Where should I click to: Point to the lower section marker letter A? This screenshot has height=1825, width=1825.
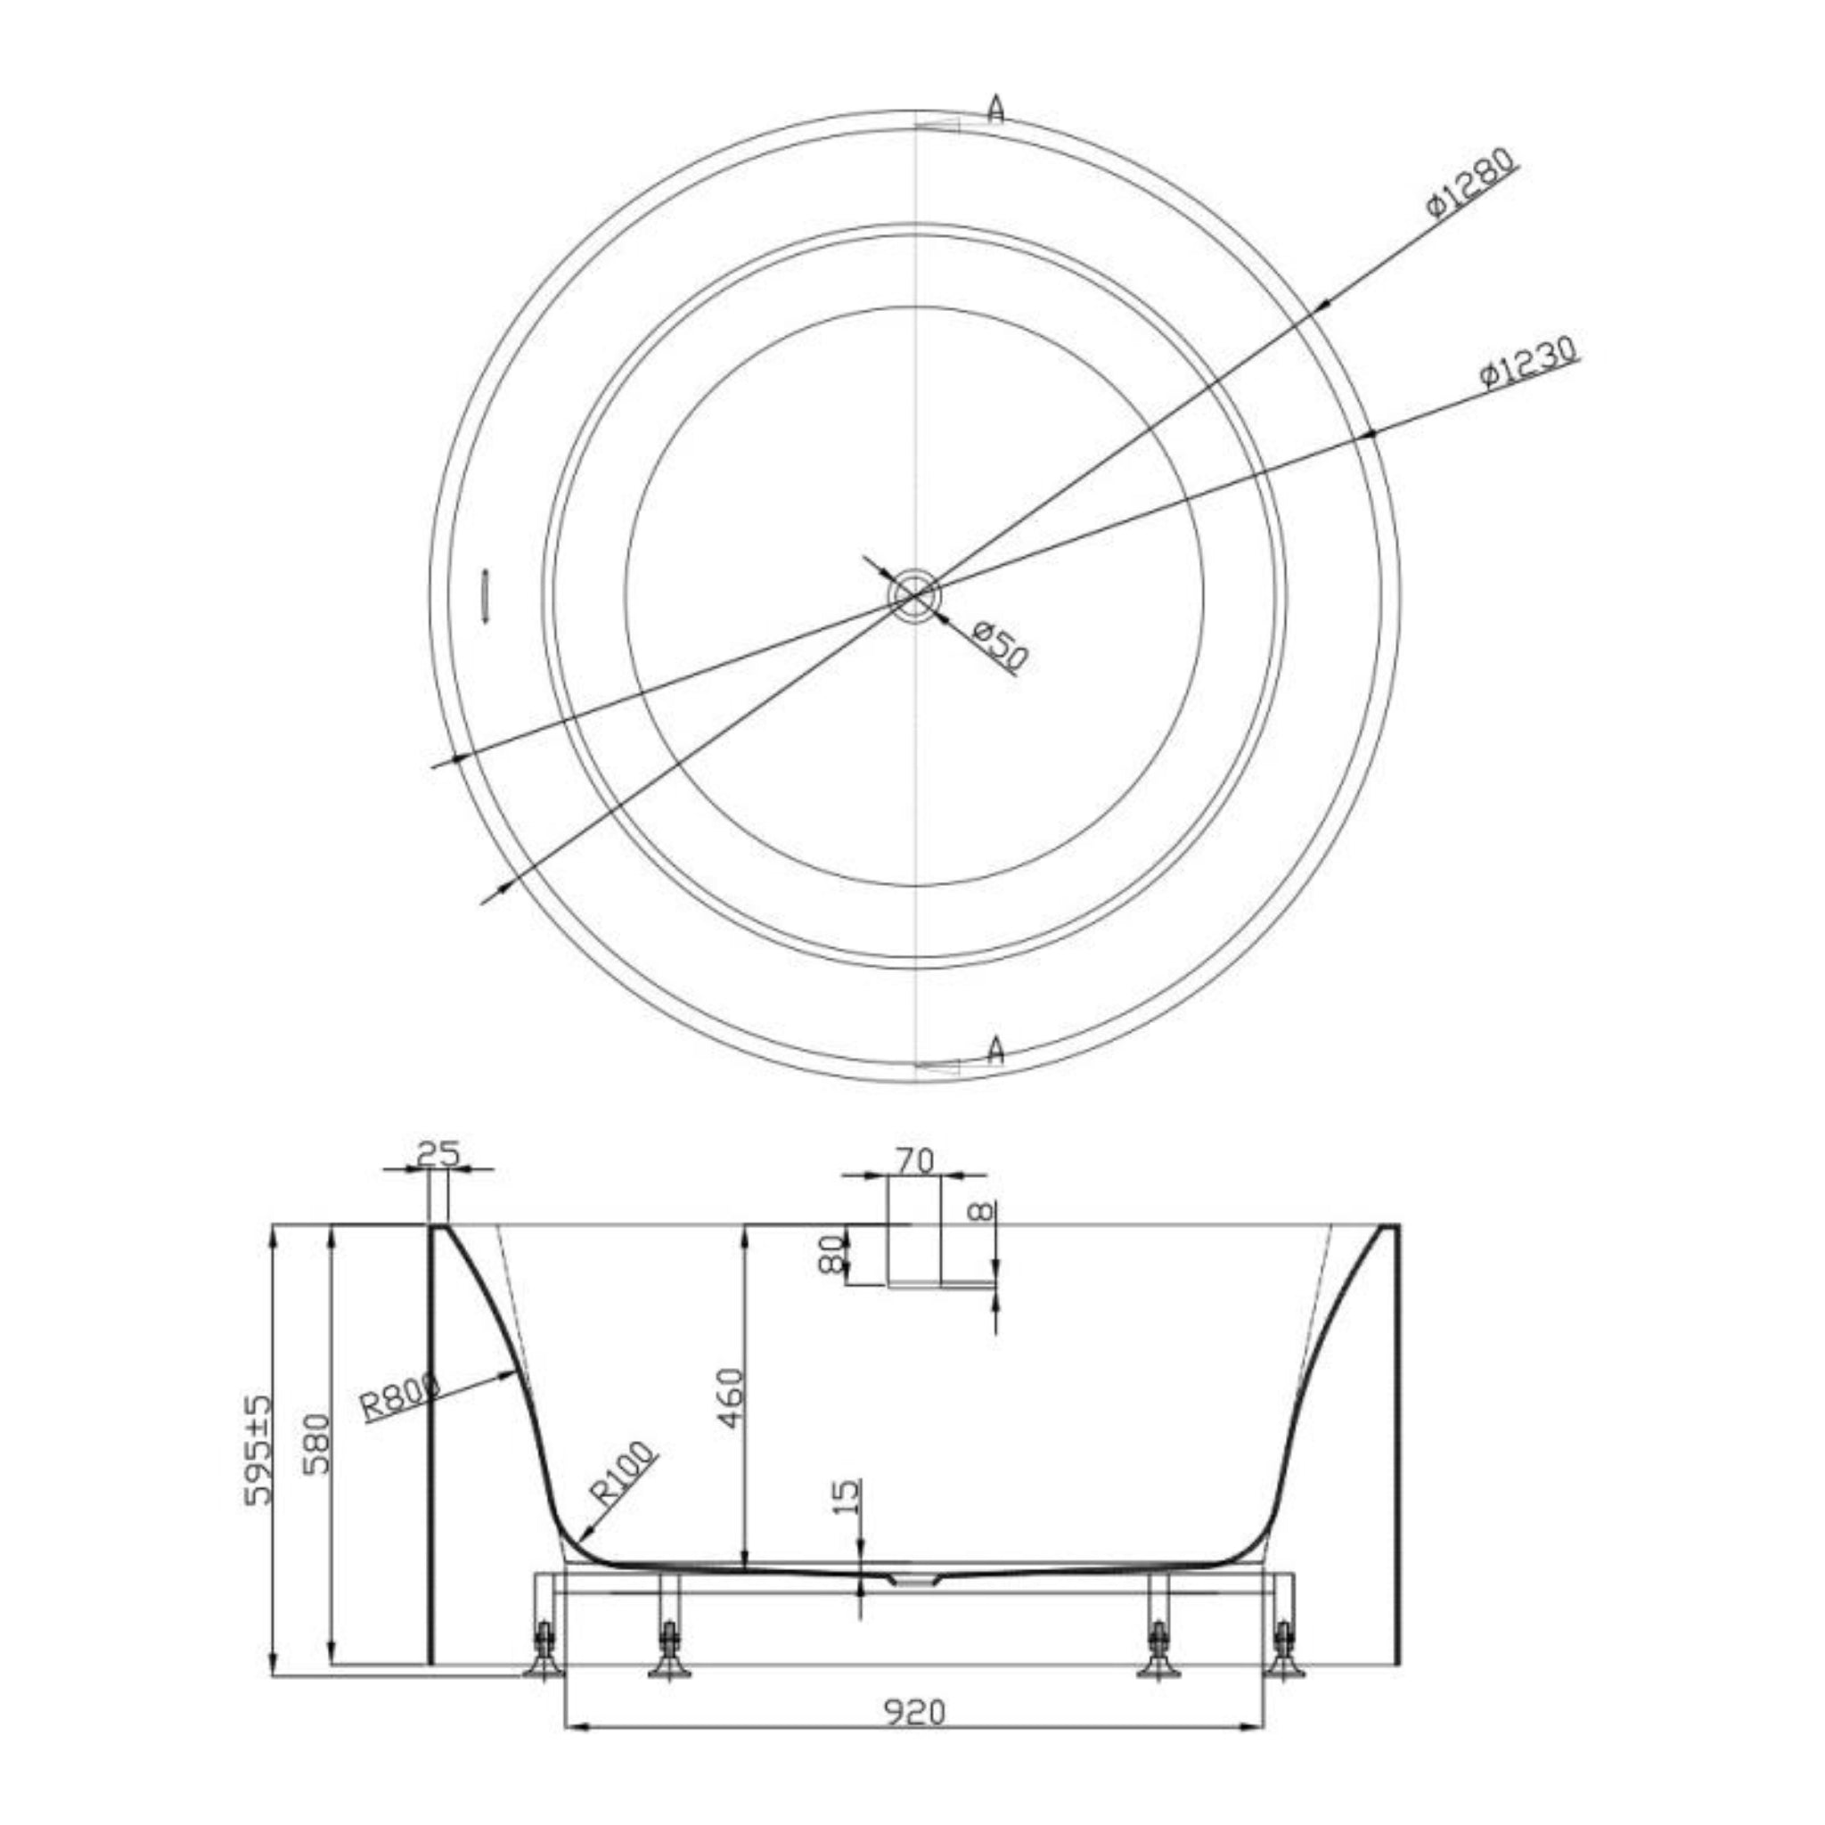[994, 1050]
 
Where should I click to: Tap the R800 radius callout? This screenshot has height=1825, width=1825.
[400, 1400]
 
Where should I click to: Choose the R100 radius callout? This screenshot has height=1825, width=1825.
[622, 1475]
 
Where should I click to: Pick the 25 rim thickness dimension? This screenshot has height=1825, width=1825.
[438, 1154]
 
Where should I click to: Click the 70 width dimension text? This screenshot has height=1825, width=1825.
[914, 1161]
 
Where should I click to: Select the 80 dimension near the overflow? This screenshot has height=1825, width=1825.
[831, 1254]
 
